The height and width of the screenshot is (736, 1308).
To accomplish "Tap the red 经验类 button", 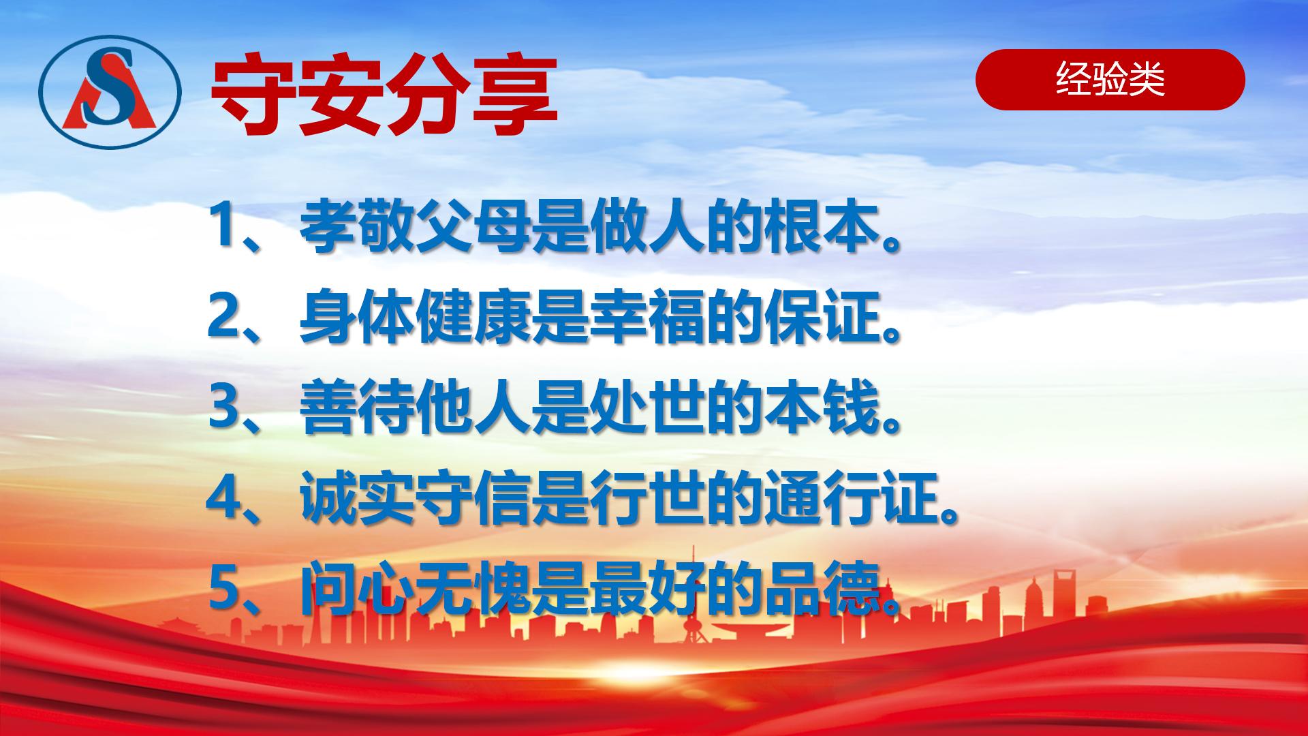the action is tap(1110, 80).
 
